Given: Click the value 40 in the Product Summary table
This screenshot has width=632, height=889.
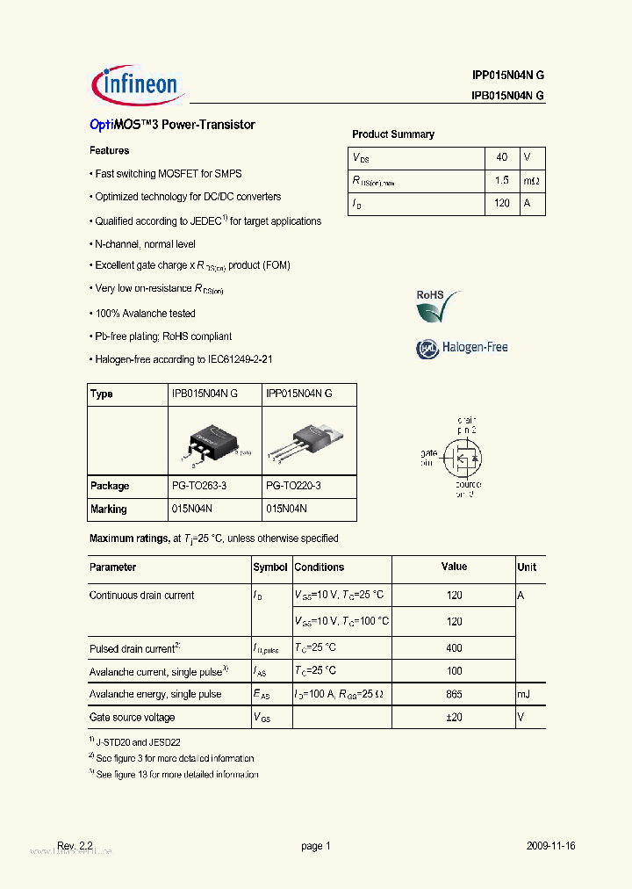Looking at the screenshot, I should (501, 157).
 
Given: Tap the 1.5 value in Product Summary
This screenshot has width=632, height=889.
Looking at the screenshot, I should (501, 180).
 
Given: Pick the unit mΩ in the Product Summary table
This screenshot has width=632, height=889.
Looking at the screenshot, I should (530, 180).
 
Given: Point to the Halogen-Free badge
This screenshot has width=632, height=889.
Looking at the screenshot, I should (462, 348).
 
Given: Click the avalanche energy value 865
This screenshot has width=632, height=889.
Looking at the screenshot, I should (454, 694).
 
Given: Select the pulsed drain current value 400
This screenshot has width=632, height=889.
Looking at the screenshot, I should (454, 648).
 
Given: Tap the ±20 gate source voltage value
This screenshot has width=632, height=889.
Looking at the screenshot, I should (454, 718).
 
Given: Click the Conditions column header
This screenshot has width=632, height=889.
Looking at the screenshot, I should (320, 567).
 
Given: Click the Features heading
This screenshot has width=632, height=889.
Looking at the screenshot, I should (109, 151).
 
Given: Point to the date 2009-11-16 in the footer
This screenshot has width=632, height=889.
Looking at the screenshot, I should (550, 846).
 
